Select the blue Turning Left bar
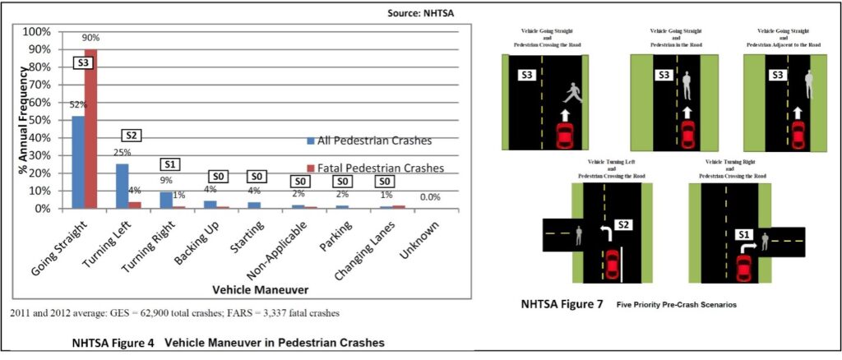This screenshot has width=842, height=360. (x=122, y=186)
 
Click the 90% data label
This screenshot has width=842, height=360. (x=91, y=39)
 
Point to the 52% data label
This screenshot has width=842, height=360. (x=78, y=104)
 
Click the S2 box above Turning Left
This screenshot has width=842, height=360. (x=132, y=136)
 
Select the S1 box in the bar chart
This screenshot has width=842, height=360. (x=170, y=164)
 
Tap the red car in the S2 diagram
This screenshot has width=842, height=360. (x=611, y=265)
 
